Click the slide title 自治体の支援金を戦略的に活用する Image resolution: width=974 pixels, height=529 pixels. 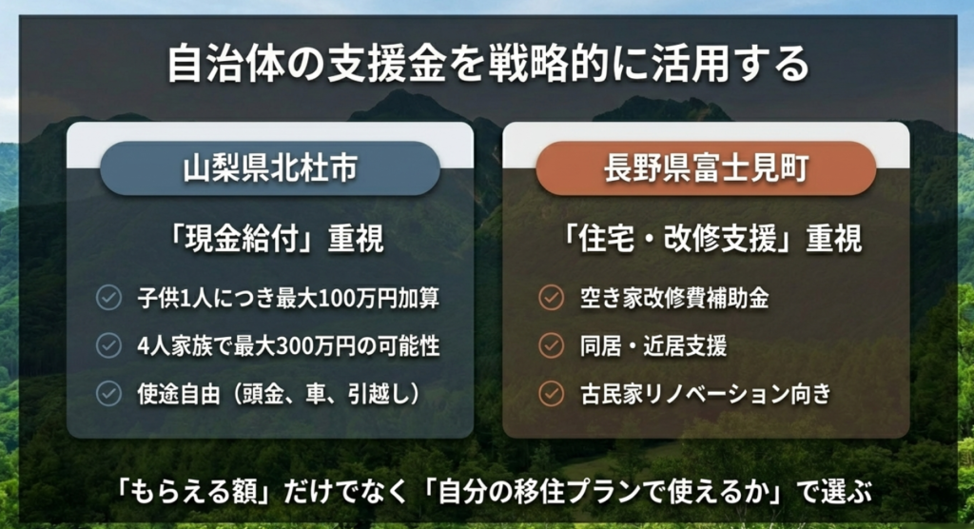487,65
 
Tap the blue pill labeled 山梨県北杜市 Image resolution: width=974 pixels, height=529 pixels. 270,167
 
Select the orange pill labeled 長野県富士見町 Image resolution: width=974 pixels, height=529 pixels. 705,167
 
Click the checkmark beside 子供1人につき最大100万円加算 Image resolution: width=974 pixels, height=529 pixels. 108,298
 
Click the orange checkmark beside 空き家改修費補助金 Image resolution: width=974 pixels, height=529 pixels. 551,298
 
